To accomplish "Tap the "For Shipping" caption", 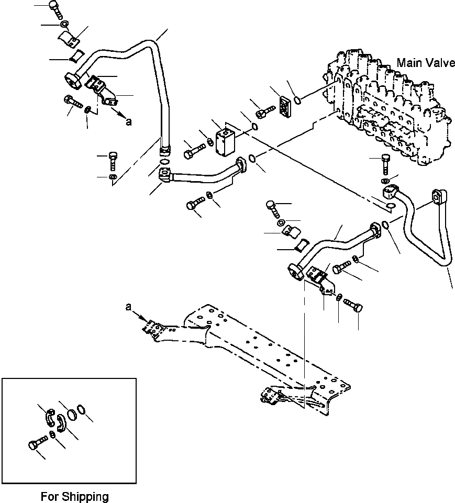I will point(74,496).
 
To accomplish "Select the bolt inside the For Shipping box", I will point(34,444).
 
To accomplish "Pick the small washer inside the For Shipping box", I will point(53,435).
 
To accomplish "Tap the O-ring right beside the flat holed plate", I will point(297,100).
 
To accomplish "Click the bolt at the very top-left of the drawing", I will point(54,8).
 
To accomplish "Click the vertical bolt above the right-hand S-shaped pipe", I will point(386,164).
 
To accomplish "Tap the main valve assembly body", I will point(387,105).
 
